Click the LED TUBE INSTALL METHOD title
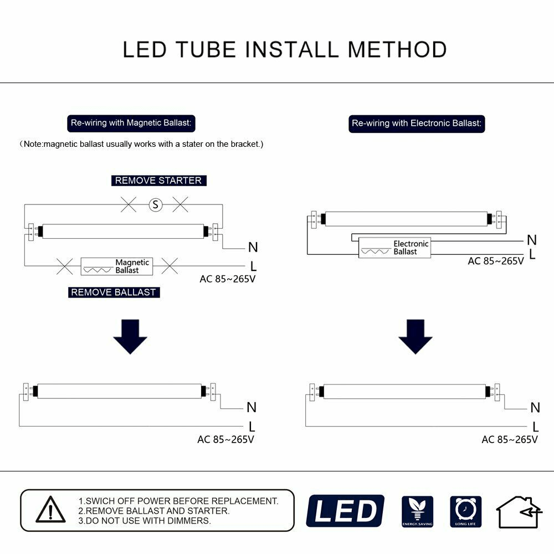[x=284, y=49]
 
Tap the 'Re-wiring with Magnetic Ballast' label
[x=131, y=123]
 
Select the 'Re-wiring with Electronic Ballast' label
[x=417, y=124]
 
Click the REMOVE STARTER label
[x=158, y=181]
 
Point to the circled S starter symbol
[x=156, y=205]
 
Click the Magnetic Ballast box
[x=117, y=266]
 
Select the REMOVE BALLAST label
[x=114, y=292]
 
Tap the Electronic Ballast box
[x=394, y=248]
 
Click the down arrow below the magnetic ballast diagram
[x=130, y=336]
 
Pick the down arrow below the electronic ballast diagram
[x=416, y=336]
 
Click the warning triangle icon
[x=51, y=510]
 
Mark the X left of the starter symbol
[x=129, y=205]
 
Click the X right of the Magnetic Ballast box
[x=170, y=266]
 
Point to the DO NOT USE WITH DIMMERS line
[x=145, y=521]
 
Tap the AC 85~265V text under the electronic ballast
[x=496, y=261]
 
